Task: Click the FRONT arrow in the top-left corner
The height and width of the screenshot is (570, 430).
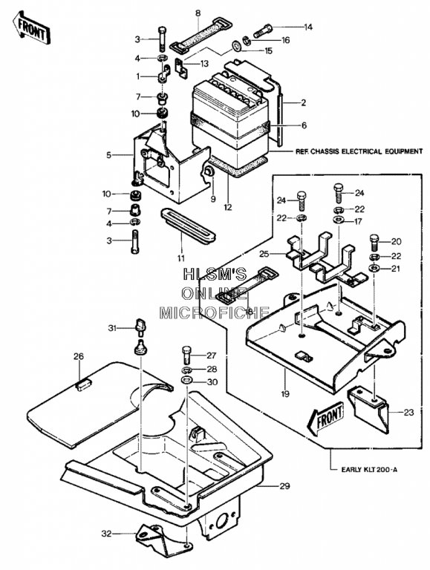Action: pos(32,28)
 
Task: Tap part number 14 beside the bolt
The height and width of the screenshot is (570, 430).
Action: pos(308,27)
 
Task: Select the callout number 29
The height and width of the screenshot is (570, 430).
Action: pos(285,485)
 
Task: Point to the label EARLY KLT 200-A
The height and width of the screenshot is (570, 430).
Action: pos(369,470)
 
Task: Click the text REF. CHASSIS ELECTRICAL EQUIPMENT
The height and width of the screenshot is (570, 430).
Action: pos(359,151)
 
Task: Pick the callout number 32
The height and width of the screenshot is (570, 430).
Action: pos(106,534)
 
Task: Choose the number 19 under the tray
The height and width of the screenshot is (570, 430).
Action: pos(285,393)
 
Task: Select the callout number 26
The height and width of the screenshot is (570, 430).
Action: pos(79,356)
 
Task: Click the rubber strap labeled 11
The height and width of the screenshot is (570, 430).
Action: pos(188,226)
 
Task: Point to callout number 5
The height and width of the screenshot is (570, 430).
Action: pos(108,155)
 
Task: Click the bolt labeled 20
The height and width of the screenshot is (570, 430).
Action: pos(375,241)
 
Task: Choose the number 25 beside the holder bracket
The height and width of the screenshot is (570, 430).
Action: pos(264,253)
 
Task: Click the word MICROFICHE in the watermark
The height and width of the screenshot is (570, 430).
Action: pos(215,312)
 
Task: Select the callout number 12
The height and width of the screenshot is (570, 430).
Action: pos(228,208)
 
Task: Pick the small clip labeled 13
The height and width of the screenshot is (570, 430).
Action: pos(180,67)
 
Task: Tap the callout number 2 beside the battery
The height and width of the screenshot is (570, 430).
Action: pos(303,102)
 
